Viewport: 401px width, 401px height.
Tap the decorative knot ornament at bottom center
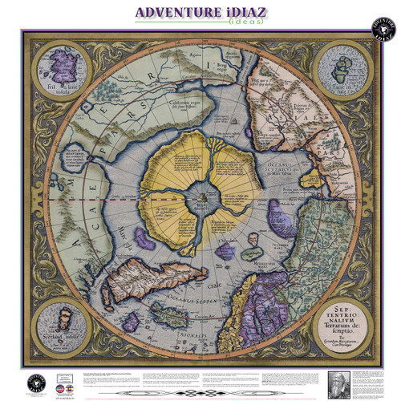click(200, 391)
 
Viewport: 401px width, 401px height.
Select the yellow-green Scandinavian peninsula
click(249, 321)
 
